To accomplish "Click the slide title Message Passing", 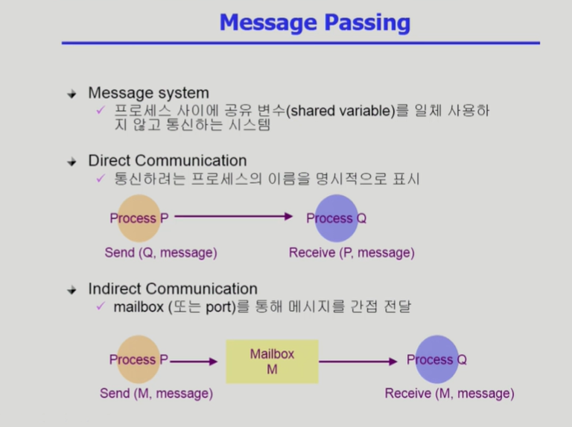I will (x=314, y=22).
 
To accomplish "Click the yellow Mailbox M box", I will (x=272, y=361).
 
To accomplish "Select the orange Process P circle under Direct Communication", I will (x=139, y=218).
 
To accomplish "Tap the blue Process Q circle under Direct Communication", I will (x=337, y=218).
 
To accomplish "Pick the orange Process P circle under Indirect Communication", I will (x=139, y=360).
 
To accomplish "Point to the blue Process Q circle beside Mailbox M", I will (x=436, y=360).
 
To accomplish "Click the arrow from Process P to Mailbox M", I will (x=194, y=361).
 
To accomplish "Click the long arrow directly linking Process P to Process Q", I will (x=234, y=217).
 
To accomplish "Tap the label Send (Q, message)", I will (x=161, y=253).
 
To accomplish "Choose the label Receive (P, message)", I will (x=352, y=253).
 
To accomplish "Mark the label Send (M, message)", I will (x=156, y=393).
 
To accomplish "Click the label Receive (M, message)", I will (x=449, y=393).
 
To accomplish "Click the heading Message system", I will (x=148, y=93).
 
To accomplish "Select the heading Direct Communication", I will (x=167, y=160).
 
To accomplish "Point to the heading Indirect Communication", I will (x=172, y=288).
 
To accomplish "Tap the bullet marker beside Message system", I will (x=72, y=94).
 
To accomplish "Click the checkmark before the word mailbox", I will (x=101, y=306).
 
